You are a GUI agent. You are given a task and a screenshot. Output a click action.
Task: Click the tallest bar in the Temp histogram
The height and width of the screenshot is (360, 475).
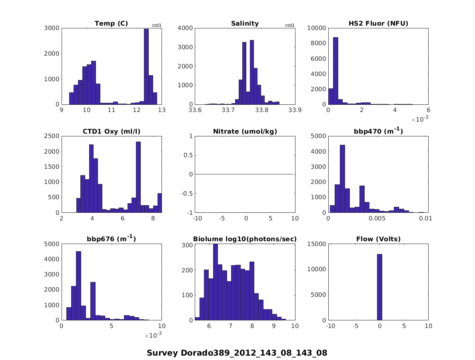point(146,67)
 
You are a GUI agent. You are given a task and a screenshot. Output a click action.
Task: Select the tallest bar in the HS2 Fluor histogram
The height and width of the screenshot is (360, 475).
point(335,71)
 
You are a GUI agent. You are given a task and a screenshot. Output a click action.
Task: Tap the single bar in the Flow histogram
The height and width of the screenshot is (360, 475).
point(379,287)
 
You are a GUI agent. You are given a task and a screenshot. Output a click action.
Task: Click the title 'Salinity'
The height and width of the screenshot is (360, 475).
point(245,24)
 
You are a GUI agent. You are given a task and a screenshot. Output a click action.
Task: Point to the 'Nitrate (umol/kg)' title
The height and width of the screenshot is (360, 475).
point(245,131)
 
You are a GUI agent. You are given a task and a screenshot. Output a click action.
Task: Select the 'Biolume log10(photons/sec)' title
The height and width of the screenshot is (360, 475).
point(245,239)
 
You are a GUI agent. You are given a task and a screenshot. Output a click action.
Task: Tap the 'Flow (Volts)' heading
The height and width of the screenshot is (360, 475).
point(378,239)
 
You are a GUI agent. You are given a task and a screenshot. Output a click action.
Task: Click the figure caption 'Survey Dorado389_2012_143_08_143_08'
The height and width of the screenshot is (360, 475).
point(237,353)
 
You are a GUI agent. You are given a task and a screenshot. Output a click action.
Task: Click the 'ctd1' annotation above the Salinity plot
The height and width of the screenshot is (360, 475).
point(289,26)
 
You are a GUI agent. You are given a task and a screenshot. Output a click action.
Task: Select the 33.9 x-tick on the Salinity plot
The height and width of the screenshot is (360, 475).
point(295,111)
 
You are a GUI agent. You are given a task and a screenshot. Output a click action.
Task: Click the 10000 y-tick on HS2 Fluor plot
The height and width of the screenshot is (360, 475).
point(316,28)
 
